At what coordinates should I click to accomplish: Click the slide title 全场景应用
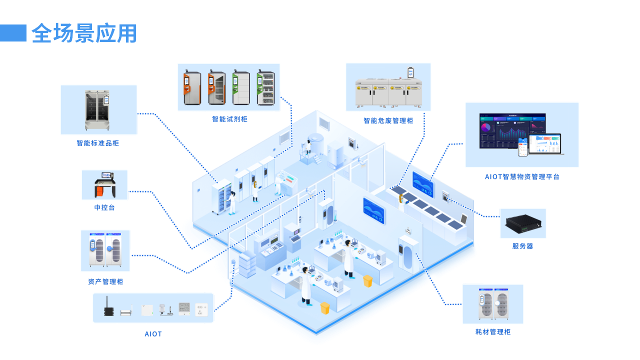pos(84,33)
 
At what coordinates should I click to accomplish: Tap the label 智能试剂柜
pos(229,119)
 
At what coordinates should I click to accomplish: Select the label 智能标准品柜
pos(98,143)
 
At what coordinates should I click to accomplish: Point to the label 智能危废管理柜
pos(388,120)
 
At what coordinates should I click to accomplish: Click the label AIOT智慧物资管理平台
pos(522,176)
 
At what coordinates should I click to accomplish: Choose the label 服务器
pos(522,246)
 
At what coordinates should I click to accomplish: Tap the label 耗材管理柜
pos(493,332)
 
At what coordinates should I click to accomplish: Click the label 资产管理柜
pos(105,281)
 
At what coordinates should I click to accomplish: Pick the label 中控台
pos(104,207)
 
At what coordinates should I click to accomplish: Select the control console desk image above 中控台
pos(104,184)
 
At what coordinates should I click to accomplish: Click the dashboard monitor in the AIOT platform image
pos(512,130)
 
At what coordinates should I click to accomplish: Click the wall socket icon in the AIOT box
pos(201,308)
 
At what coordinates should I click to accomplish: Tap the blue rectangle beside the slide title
pos(13,33)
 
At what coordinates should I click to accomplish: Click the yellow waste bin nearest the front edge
pos(325,307)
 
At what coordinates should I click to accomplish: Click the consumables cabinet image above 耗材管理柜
pos(493,304)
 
